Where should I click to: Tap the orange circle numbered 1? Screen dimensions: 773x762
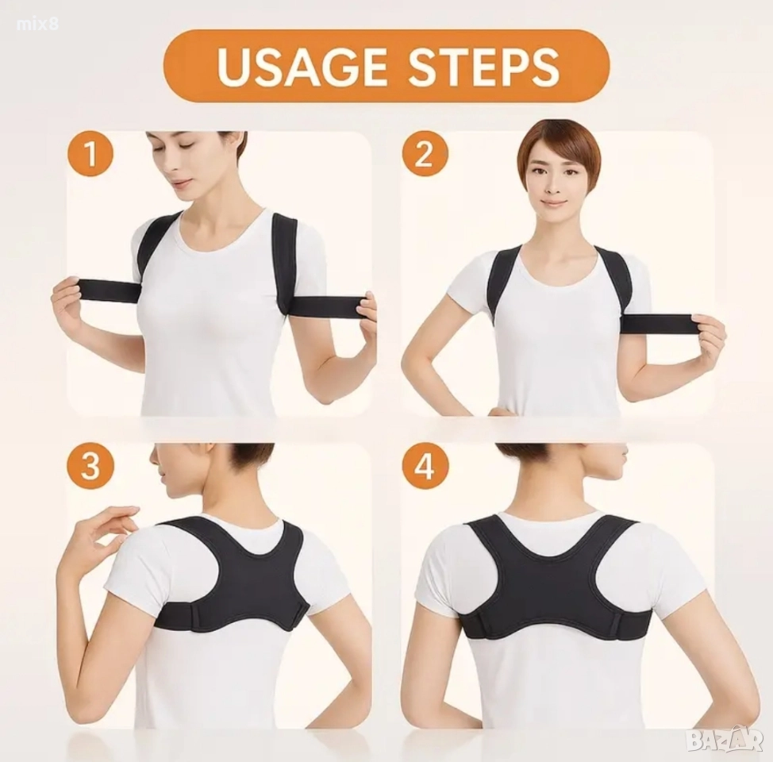(90, 154)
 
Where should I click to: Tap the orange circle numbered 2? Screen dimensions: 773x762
(424, 154)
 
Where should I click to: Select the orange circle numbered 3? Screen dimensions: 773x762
(90, 466)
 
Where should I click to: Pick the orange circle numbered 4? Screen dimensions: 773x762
(425, 466)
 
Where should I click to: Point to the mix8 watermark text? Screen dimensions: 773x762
(37, 23)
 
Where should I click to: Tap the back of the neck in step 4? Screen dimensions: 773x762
(558, 502)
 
